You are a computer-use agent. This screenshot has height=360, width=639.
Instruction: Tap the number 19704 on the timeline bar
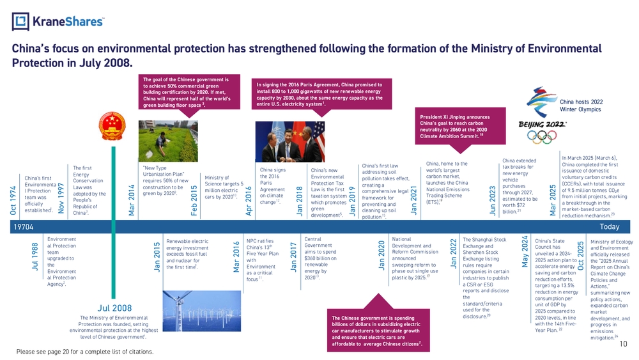[24, 226]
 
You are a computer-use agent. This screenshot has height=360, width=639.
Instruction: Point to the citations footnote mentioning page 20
[85, 351]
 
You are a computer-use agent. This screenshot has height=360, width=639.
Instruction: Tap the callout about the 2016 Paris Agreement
[318, 95]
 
